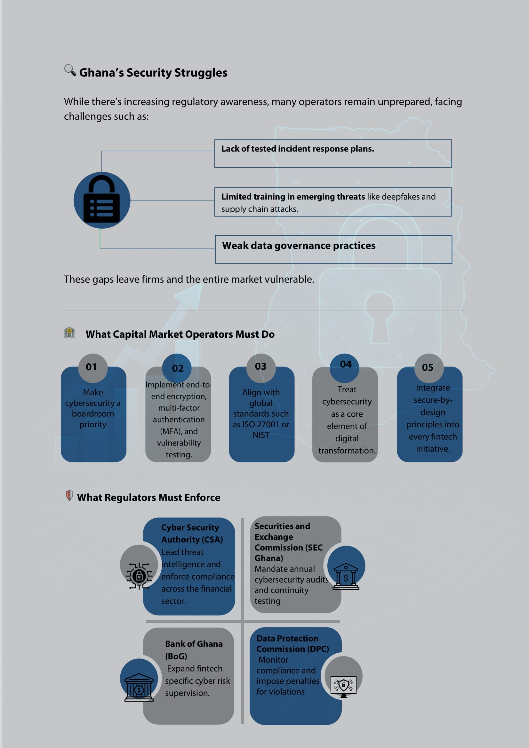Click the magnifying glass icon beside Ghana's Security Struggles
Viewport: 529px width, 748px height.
click(70, 70)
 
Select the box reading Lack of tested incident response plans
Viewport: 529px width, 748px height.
click(333, 154)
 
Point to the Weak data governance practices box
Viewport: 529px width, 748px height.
click(333, 249)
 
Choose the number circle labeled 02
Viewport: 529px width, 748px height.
click(177, 368)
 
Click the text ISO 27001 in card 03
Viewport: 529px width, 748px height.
click(261, 424)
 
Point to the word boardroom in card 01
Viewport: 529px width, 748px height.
click(93, 414)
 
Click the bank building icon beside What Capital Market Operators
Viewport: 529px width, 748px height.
click(69, 332)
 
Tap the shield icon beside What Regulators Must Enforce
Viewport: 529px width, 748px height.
click(69, 495)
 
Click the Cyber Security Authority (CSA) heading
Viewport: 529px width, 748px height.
click(192, 533)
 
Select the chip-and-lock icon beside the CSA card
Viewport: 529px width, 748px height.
click(139, 576)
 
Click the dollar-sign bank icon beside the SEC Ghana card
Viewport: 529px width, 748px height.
click(346, 576)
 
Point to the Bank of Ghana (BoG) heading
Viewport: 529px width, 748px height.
click(194, 650)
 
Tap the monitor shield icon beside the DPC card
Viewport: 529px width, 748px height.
click(343, 686)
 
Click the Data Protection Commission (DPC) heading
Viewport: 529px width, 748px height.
click(293, 643)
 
